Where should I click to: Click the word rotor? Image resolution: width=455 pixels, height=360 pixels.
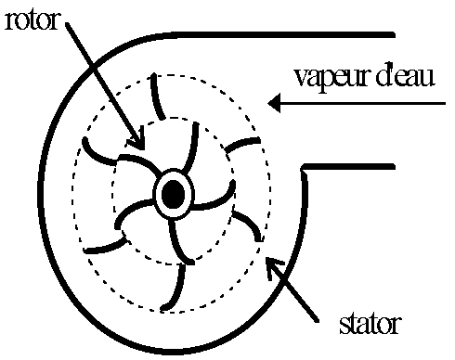[x=30, y=19]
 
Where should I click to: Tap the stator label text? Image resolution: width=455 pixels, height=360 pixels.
[x=369, y=325]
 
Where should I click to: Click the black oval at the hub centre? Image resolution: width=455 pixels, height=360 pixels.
[x=173, y=194]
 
